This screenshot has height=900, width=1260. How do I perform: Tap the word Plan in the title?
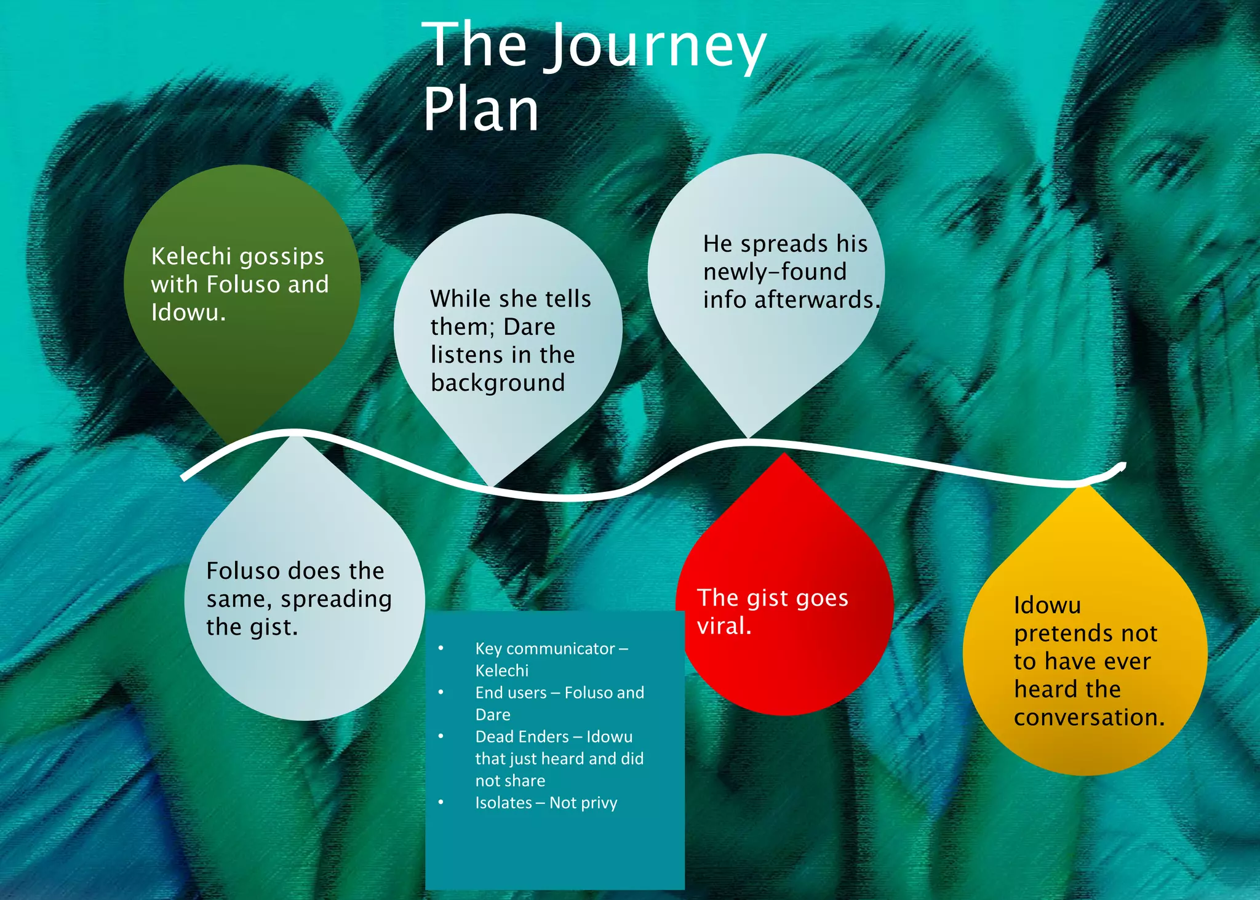(481, 110)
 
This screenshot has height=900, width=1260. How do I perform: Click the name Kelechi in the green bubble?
(191, 256)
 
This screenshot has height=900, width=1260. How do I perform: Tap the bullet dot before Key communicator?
(441, 648)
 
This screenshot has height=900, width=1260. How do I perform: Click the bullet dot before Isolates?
(441, 802)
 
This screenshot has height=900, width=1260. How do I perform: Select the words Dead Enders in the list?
(522, 736)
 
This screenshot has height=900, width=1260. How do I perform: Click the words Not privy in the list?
(583, 803)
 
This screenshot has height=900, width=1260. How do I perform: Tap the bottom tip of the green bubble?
(233, 442)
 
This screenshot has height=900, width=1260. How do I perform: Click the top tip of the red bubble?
(784, 454)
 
